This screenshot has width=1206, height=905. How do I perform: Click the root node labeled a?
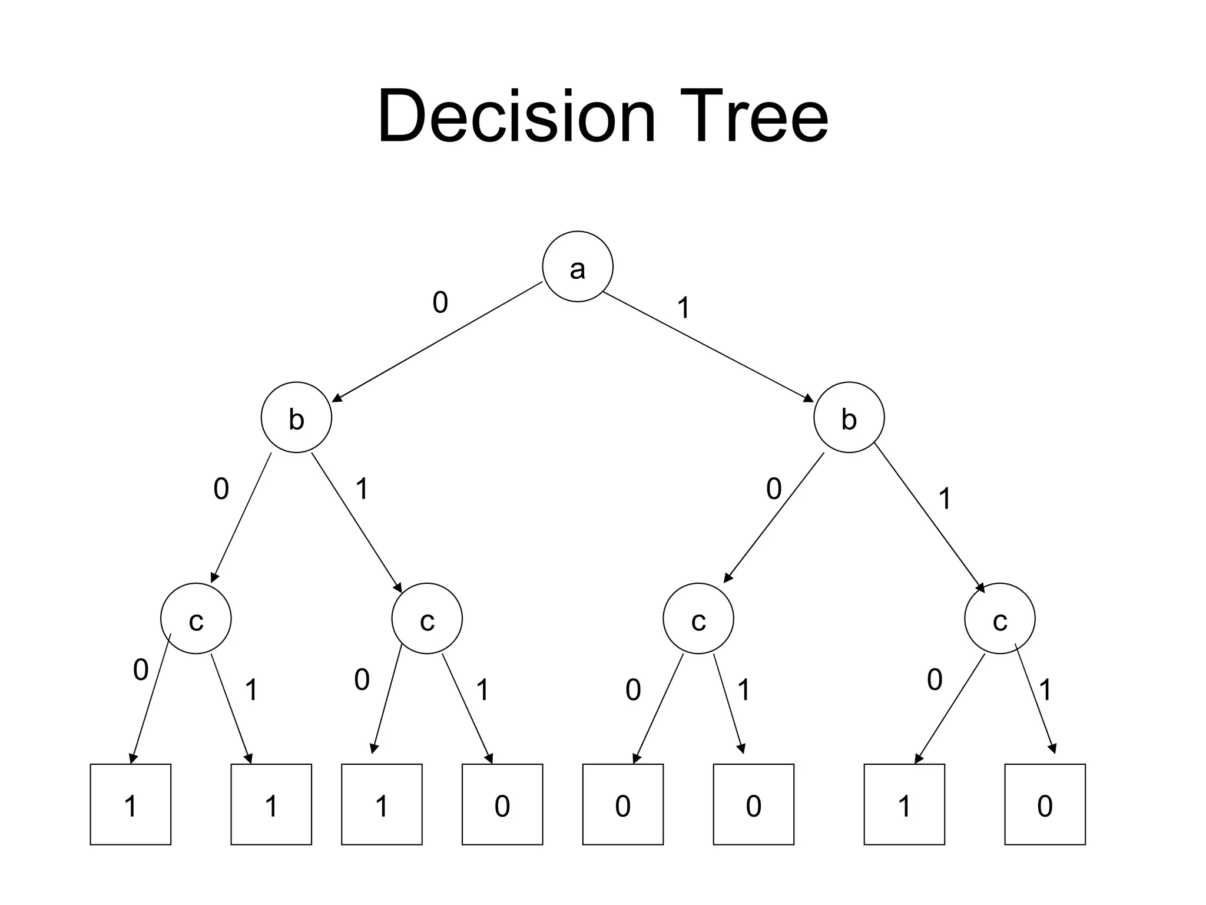tap(577, 266)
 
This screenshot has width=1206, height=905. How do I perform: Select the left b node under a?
tap(296, 417)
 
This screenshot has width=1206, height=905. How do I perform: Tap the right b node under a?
tap(849, 417)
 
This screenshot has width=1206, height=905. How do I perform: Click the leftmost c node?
tap(196, 619)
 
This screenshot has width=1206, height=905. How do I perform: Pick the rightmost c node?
tap(999, 619)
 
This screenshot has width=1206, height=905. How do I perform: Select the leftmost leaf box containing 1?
tap(130, 804)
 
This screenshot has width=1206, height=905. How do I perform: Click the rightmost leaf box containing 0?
tap(1045, 804)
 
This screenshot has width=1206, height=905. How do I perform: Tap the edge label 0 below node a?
tap(440, 303)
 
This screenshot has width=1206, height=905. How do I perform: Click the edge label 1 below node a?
tap(683, 308)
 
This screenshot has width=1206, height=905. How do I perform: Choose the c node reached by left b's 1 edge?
tap(427, 619)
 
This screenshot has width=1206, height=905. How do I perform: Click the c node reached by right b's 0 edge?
tap(698, 619)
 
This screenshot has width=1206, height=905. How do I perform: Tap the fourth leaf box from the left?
tap(502, 804)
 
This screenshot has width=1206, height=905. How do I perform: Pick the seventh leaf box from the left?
tap(904, 804)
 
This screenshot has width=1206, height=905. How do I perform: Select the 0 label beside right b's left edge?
tap(773, 489)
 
